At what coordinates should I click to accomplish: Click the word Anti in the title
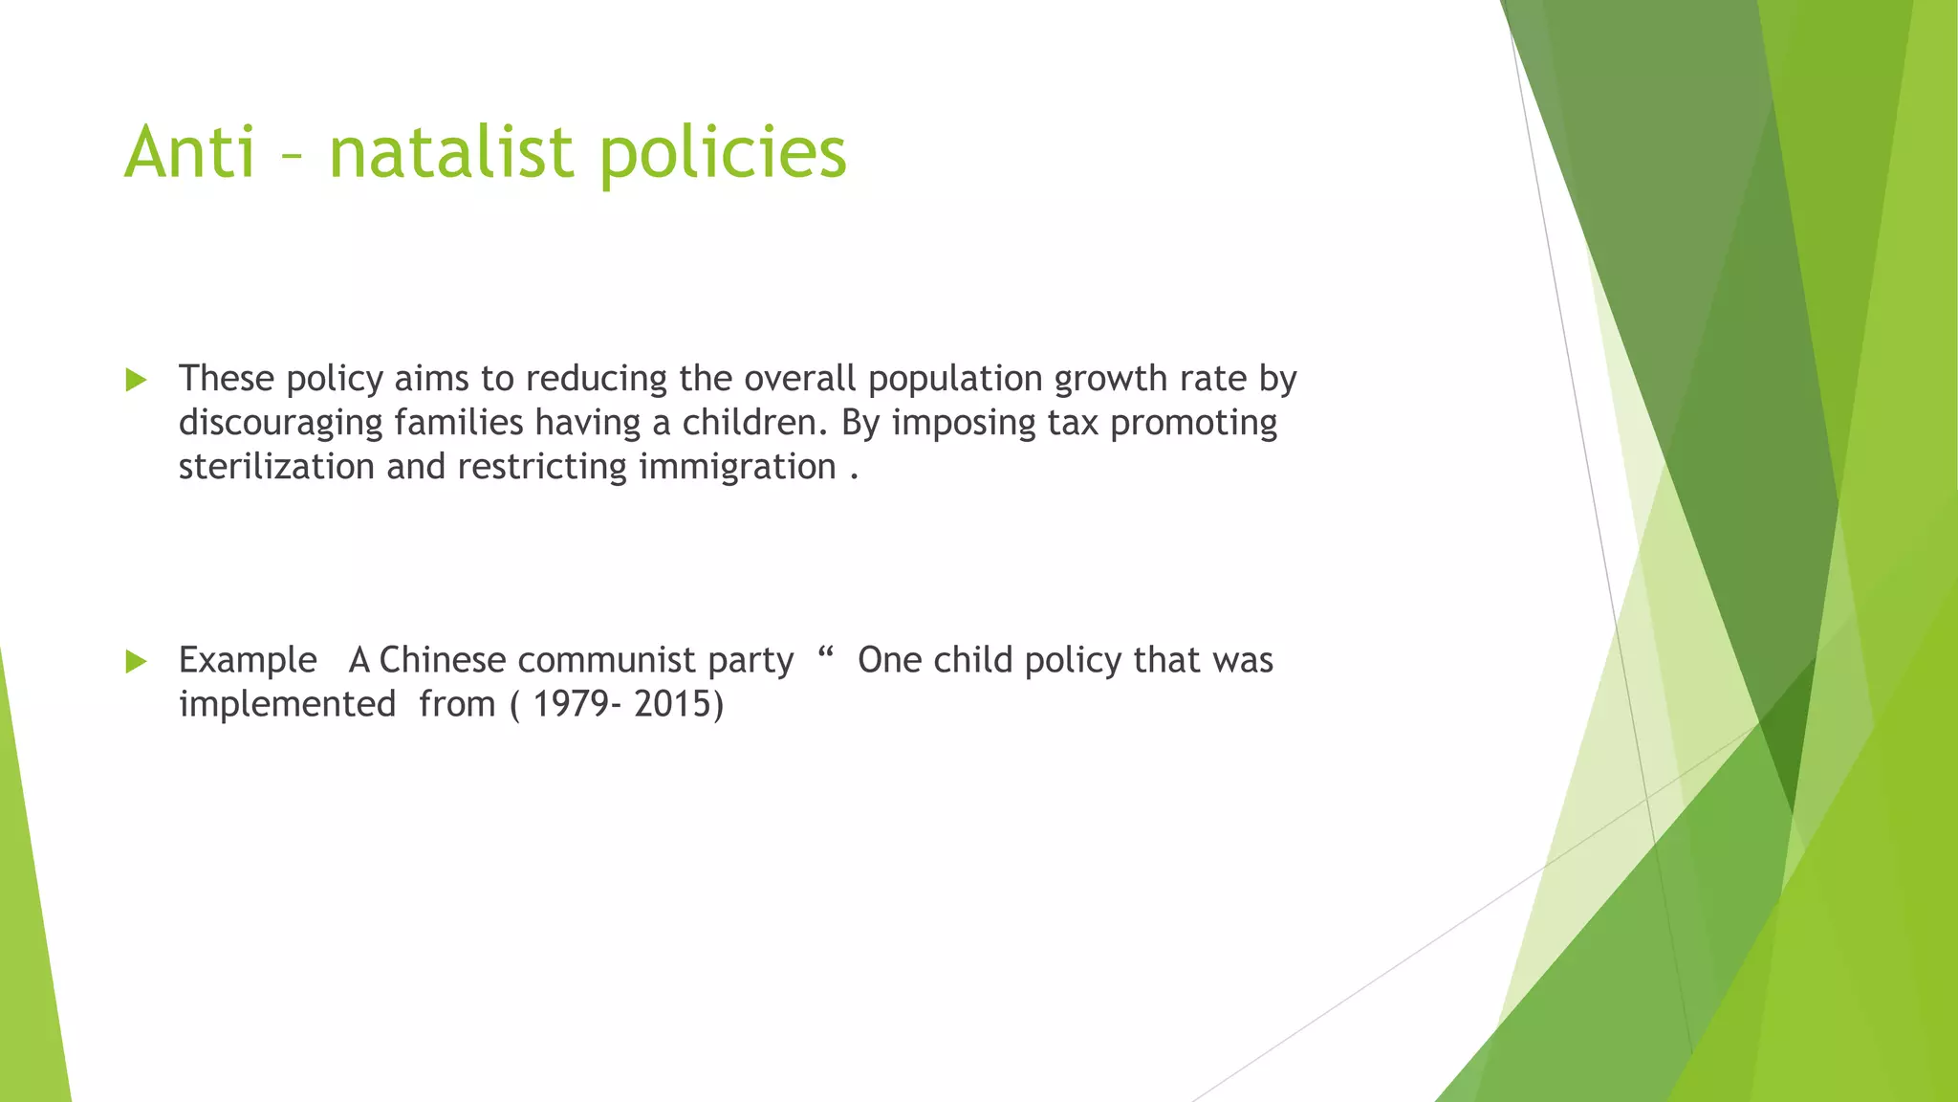pyautogui.click(x=190, y=153)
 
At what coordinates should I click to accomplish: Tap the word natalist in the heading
pyautogui.click(x=450, y=153)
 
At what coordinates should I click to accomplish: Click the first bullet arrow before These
pyautogui.click(x=136, y=381)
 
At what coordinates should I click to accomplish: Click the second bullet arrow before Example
pyautogui.click(x=136, y=661)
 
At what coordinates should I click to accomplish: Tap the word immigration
pyautogui.click(x=737, y=467)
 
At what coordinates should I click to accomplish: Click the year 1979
pyautogui.click(x=568, y=704)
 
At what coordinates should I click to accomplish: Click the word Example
pyautogui.click(x=248, y=660)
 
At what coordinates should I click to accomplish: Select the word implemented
pyautogui.click(x=287, y=704)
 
